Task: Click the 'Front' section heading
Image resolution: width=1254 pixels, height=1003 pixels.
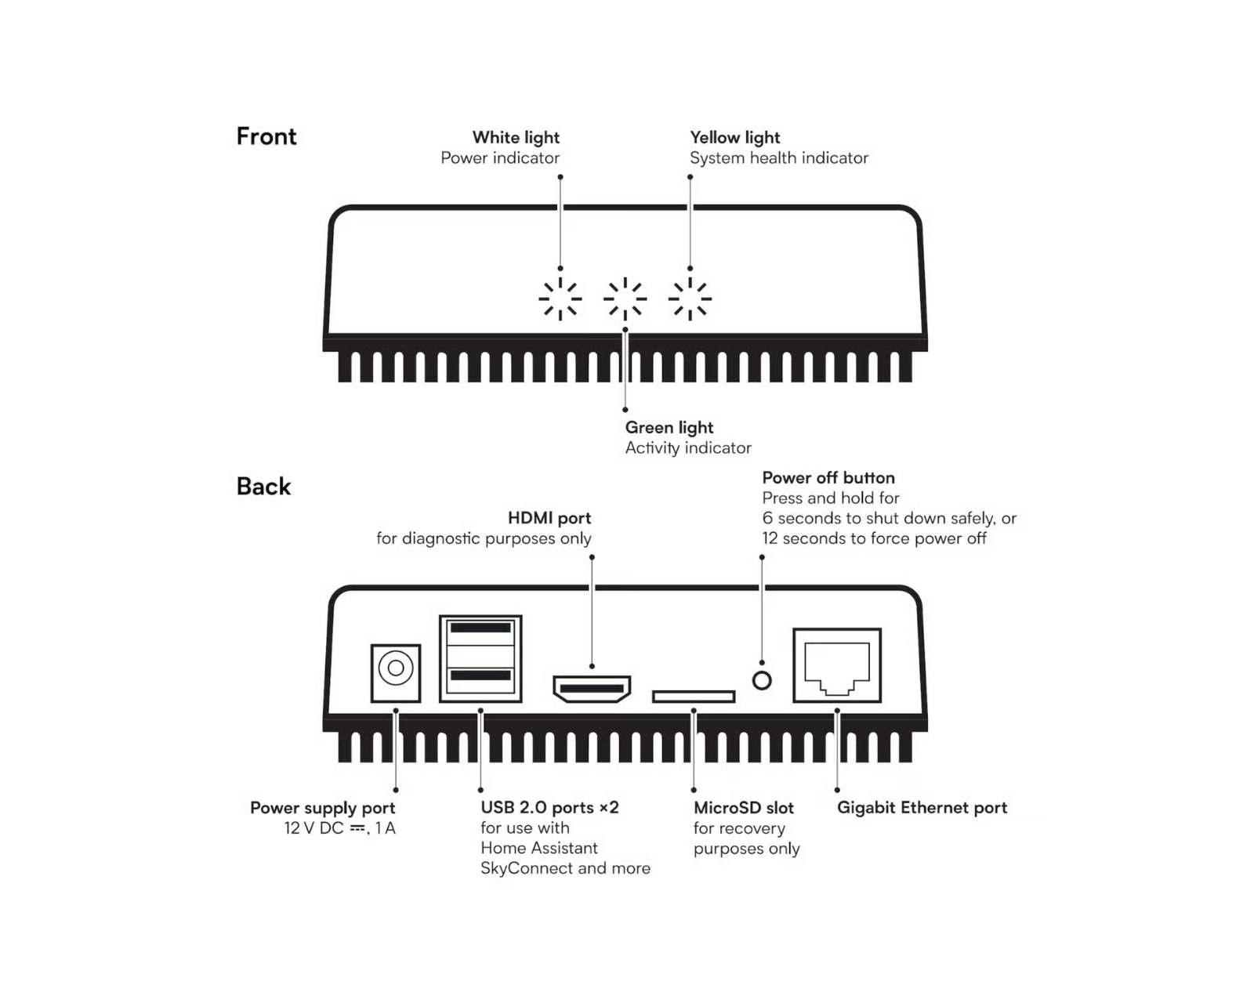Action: pyautogui.click(x=266, y=136)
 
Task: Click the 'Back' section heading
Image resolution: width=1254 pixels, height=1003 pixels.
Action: pyautogui.click(x=263, y=487)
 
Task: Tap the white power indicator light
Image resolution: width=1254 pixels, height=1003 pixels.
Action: pyautogui.click(x=560, y=299)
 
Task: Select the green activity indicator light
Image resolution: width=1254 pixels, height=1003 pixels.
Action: pyautogui.click(x=625, y=299)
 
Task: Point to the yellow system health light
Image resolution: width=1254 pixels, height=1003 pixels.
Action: pyautogui.click(x=690, y=299)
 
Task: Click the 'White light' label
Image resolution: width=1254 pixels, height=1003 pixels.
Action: pyautogui.click(x=516, y=138)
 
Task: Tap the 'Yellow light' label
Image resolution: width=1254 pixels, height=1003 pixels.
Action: pyautogui.click(x=734, y=138)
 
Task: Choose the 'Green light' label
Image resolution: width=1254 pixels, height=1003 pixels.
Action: pyautogui.click(x=669, y=428)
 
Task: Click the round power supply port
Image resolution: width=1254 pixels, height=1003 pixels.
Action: pyautogui.click(x=396, y=668)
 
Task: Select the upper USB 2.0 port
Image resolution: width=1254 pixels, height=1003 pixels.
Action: pyautogui.click(x=480, y=628)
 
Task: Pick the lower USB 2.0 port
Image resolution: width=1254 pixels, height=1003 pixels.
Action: pyautogui.click(x=480, y=675)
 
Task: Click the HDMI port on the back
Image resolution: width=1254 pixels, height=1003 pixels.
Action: pyautogui.click(x=592, y=690)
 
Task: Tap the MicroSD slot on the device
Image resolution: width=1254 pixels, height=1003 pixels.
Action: pyautogui.click(x=694, y=696)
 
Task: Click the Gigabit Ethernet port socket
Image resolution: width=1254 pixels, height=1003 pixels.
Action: pyautogui.click(x=837, y=666)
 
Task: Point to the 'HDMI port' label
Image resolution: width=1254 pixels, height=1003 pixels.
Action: pyautogui.click(x=549, y=518)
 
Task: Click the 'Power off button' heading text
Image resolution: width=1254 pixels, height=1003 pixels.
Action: pyautogui.click(x=828, y=478)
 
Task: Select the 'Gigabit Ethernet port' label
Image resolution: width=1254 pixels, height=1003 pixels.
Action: pyautogui.click(x=922, y=808)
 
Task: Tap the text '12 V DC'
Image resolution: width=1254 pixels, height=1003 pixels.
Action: pyautogui.click(x=313, y=828)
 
